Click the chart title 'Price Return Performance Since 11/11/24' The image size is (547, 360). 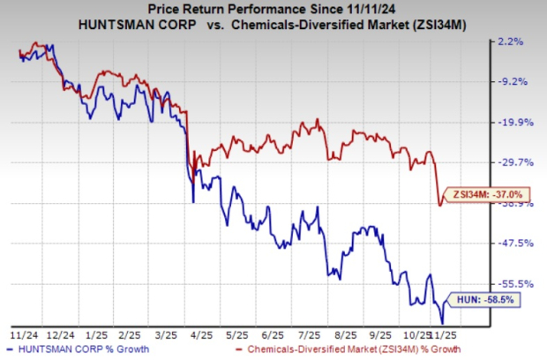click(x=273, y=10)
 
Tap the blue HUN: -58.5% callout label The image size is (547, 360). click(x=485, y=300)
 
